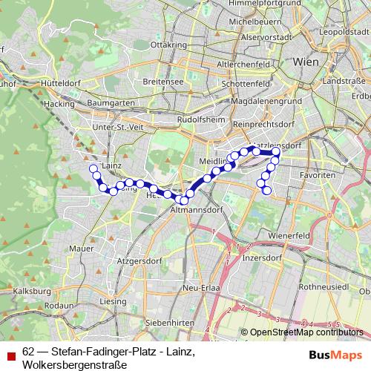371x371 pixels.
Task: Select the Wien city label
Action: pyautogui.click(x=306, y=62)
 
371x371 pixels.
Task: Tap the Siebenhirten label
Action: pyautogui.click(x=171, y=324)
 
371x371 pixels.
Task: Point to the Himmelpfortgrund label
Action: pyautogui.click(x=235, y=4)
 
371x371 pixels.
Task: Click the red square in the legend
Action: pyautogui.click(x=10, y=353)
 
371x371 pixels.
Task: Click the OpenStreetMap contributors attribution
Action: pyautogui.click(x=305, y=333)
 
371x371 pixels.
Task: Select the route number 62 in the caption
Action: pyautogui.click(x=28, y=351)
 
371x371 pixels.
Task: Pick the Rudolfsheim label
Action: pyautogui.click(x=196, y=119)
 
